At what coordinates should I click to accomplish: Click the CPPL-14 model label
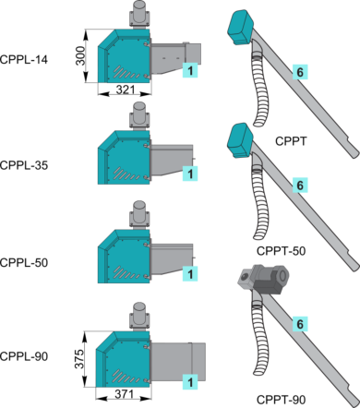24,59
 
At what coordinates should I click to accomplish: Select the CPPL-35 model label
24,165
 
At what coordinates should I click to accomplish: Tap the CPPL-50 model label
24,263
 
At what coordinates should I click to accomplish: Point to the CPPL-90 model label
24,356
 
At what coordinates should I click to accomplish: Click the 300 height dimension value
80,55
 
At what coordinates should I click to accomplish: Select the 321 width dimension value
126,90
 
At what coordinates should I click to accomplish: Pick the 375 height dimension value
79,359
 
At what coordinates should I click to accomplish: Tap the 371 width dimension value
124,394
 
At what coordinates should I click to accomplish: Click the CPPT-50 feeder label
281,251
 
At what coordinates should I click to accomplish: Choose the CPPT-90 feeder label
281,400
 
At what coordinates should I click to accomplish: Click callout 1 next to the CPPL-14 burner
190,70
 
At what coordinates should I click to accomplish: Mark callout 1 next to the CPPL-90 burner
190,382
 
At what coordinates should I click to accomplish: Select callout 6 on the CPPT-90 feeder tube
300,324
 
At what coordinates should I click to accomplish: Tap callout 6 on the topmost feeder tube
300,72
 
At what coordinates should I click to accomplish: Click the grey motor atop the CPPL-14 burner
139,16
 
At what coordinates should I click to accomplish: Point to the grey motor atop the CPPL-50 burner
139,215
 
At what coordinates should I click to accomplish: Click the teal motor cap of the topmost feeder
241,27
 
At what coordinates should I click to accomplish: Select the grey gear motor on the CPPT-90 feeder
263,279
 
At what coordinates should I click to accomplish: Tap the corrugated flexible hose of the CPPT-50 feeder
260,202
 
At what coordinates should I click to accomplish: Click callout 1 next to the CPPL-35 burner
190,174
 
